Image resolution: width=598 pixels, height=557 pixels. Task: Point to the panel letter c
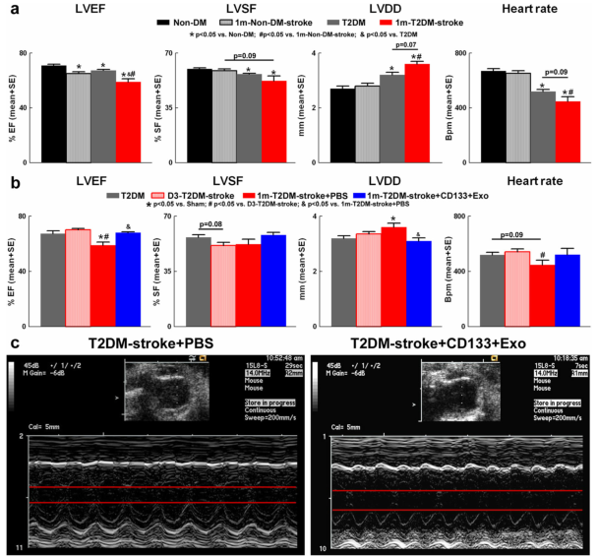point(13,343)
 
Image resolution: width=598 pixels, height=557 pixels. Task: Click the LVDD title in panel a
point(365,9)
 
